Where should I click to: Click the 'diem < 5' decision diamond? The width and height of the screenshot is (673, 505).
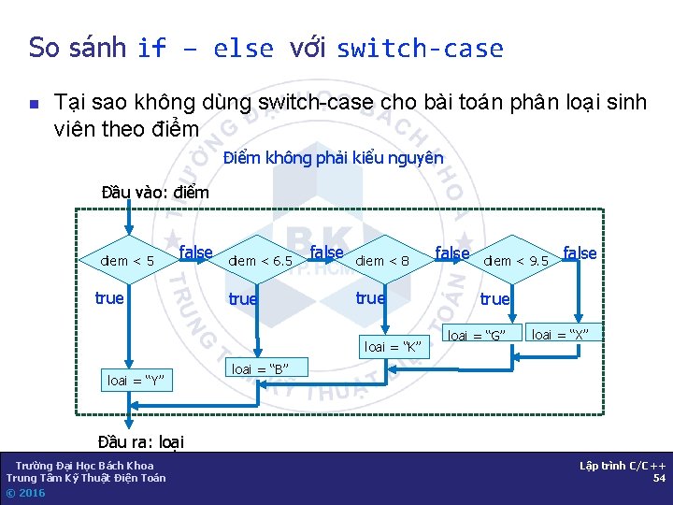(x=127, y=261)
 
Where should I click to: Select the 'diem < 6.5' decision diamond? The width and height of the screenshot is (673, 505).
(x=261, y=261)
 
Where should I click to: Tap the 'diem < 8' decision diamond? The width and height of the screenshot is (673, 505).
(x=382, y=261)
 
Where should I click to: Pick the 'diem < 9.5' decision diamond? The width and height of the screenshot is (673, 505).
(x=516, y=261)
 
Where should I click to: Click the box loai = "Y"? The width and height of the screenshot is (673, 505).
(x=136, y=381)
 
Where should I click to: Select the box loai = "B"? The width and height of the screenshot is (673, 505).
(x=259, y=368)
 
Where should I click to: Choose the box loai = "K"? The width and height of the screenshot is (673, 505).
(x=394, y=347)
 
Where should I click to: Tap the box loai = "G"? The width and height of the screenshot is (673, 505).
(x=477, y=335)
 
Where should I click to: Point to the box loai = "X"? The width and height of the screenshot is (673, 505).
(x=561, y=334)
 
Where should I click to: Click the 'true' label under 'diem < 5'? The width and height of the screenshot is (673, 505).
(x=109, y=298)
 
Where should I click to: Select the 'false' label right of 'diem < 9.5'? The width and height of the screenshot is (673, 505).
(x=580, y=253)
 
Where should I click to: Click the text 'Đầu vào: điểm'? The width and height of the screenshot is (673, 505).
(x=155, y=193)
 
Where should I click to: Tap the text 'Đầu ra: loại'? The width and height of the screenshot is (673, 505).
(x=140, y=441)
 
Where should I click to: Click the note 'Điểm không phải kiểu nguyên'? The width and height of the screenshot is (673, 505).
(x=334, y=158)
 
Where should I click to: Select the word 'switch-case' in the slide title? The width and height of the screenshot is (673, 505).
(x=420, y=48)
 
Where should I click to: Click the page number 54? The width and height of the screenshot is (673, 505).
(x=659, y=478)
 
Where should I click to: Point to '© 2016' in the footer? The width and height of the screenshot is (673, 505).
(x=25, y=493)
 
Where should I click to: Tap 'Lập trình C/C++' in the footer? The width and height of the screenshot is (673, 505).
(x=623, y=466)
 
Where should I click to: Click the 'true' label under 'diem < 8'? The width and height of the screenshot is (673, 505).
(x=370, y=298)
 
